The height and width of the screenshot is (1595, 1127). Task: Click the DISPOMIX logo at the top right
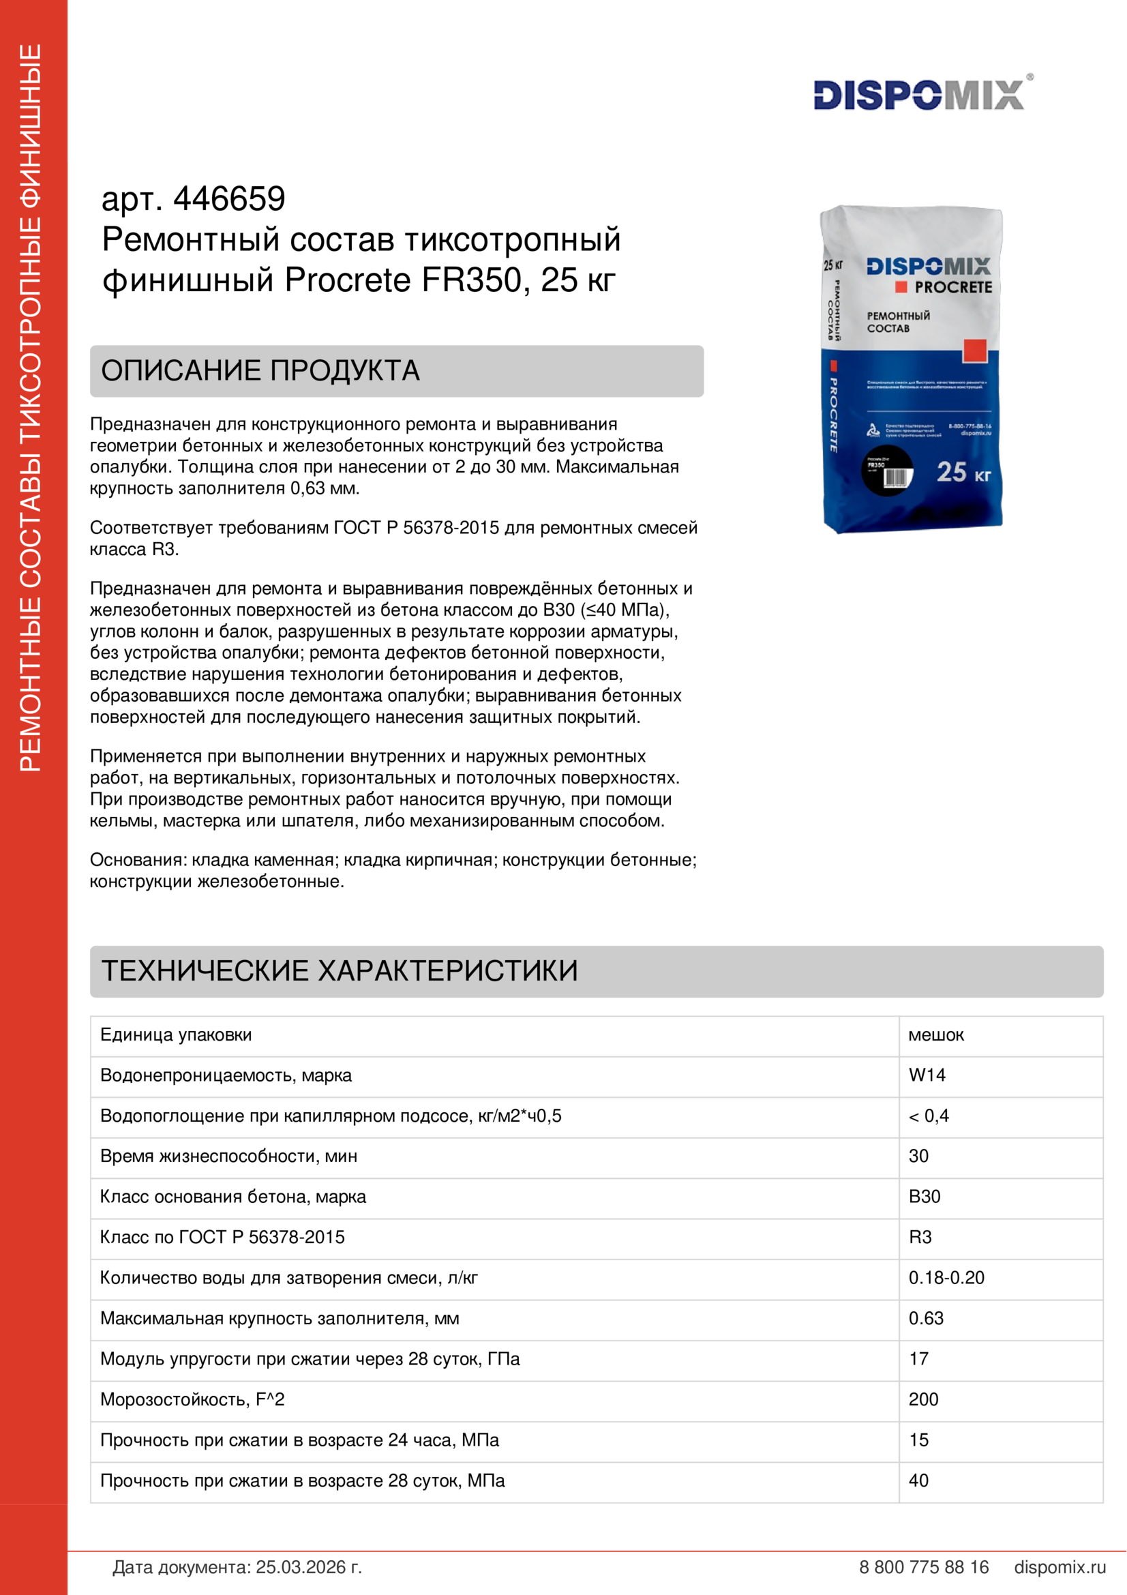tap(918, 95)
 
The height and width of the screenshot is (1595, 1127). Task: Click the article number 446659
tap(229, 199)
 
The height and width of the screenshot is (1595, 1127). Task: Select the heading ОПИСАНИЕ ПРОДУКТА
tap(260, 371)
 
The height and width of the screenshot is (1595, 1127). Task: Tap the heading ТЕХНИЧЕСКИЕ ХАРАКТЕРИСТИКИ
tap(340, 970)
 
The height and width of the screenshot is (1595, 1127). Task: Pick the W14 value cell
tap(927, 1075)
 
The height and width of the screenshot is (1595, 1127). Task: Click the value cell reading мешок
tap(935, 1035)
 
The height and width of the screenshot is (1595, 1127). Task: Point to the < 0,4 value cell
tap(929, 1116)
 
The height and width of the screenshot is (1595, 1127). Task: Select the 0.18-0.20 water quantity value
tap(946, 1277)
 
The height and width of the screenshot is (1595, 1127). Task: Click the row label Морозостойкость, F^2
tap(192, 1399)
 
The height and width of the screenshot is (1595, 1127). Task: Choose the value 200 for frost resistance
tap(924, 1399)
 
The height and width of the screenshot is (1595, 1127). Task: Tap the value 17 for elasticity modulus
tap(918, 1359)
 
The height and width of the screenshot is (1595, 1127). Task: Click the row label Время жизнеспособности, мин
tap(228, 1156)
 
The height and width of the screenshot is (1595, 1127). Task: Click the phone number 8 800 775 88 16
tap(924, 1567)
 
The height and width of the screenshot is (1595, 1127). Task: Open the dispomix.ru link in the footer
tap(1060, 1567)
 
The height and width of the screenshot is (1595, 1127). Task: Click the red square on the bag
tap(974, 351)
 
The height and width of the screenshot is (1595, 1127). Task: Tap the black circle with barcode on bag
tap(887, 471)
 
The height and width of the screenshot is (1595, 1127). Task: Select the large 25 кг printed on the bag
tap(963, 473)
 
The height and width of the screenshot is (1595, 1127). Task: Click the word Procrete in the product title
tap(348, 281)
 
